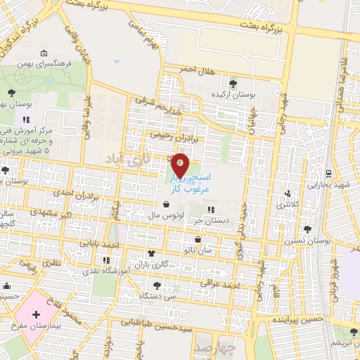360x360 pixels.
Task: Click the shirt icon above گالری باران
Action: tap(150, 253)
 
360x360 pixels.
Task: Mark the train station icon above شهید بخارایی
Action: tap(328, 173)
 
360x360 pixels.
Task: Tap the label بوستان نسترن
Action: tap(307, 240)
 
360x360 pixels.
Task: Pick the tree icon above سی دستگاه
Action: tap(155, 285)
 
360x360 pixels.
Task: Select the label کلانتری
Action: tap(286, 205)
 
